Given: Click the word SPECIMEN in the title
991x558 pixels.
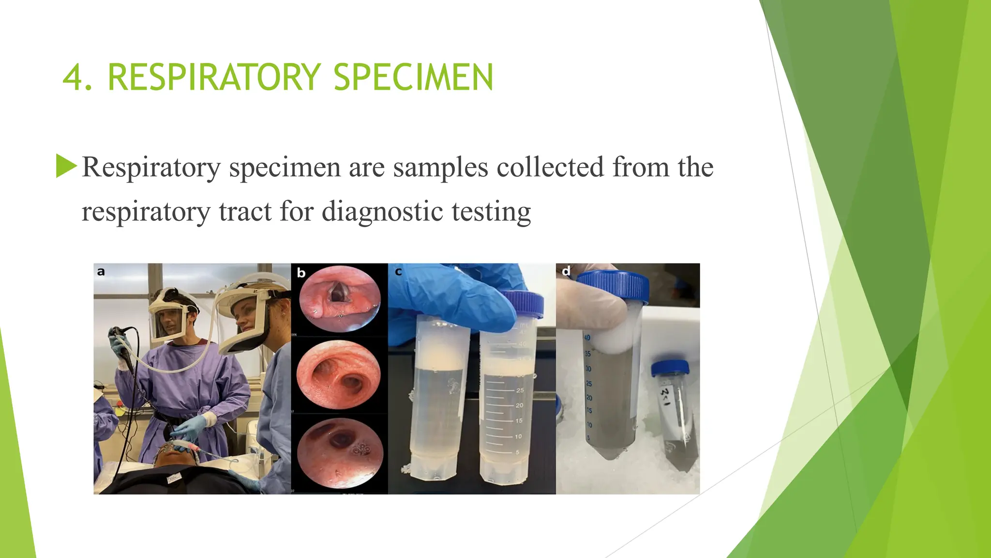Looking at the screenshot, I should [413, 77].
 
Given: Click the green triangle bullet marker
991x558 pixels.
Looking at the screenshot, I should [66, 166].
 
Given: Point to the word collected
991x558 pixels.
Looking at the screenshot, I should [550, 167].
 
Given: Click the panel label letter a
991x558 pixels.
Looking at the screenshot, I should [101, 271].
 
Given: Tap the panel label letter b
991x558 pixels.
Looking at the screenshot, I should [301, 273].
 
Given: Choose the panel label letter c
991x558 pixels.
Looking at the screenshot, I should [398, 272].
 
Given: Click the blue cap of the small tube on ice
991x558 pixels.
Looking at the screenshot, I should [669, 368].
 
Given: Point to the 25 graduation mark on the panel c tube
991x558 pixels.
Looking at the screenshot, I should [520, 390].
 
